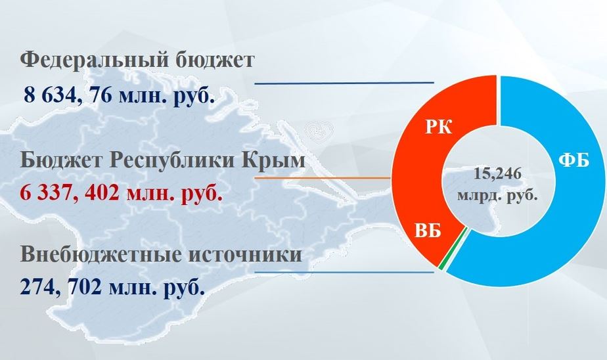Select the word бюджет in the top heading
tap(215, 60)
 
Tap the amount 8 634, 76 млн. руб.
tap(120, 95)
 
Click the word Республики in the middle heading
tap(173, 160)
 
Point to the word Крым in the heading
tap(274, 160)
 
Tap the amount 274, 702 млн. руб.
tap(112, 287)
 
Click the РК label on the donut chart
tap(439, 127)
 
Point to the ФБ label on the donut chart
tap(574, 160)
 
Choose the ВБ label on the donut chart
tap(428, 231)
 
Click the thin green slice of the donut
tap(455, 249)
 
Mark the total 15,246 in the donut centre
tap(497, 174)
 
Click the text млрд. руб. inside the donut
tap(497, 194)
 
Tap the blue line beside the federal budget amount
tap(344, 83)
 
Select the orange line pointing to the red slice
tap(323, 177)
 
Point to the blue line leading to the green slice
tap(344, 272)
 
